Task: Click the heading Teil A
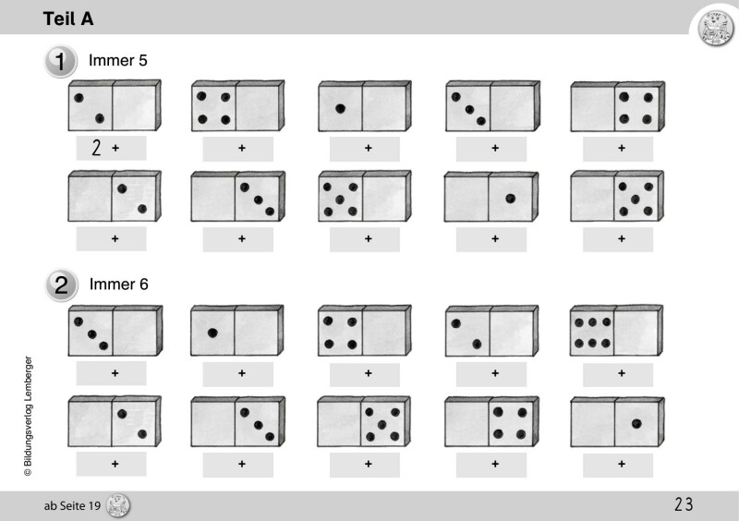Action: [68, 18]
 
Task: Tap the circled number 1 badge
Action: [60, 61]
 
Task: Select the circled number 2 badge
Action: [61, 285]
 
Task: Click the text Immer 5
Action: [118, 60]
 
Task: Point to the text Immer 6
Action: [119, 285]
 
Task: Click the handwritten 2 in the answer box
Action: [96, 148]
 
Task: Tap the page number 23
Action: [684, 504]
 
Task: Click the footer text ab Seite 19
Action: [72, 506]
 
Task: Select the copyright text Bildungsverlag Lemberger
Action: [29, 416]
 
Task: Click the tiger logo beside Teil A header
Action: [715, 28]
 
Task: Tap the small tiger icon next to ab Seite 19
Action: [118, 506]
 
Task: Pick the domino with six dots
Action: [616, 330]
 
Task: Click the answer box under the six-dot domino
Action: [618, 374]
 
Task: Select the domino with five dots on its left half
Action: [364, 196]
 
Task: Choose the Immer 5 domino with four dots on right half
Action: [617, 106]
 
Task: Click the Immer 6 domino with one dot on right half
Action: [617, 422]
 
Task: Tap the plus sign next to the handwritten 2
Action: [115, 148]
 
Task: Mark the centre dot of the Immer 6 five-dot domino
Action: [382, 424]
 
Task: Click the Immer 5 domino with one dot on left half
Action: [364, 106]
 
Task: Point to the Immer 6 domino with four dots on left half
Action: [364, 331]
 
